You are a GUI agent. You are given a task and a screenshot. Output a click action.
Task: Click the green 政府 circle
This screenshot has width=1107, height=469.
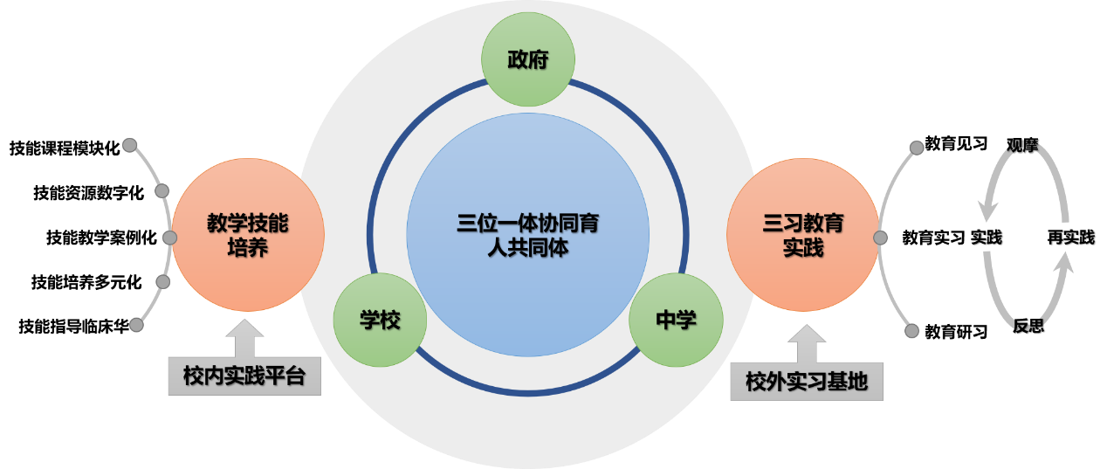point(528,59)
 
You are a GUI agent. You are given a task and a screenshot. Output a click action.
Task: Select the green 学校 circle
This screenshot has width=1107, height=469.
point(380,320)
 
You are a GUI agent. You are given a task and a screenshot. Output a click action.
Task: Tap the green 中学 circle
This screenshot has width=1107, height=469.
point(676,320)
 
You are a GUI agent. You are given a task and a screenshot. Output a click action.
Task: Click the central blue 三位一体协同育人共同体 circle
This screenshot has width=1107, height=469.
point(527,235)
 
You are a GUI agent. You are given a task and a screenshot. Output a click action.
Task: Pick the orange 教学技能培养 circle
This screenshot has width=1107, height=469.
point(248,235)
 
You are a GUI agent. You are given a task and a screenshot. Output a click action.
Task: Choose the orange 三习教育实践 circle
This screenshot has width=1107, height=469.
point(802,235)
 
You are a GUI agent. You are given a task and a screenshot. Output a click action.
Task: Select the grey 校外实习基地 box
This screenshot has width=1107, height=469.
point(807,383)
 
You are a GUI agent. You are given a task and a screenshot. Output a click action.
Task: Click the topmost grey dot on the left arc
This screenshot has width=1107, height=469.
point(129,144)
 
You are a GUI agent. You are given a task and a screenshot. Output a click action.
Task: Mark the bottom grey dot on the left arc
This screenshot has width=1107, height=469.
point(136,325)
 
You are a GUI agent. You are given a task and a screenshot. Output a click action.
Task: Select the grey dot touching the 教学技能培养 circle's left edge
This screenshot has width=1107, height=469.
point(169,238)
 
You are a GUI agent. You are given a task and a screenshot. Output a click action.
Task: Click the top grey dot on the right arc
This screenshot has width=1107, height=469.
point(917,148)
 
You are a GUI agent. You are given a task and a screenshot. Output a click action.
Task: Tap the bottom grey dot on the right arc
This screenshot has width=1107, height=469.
point(912,331)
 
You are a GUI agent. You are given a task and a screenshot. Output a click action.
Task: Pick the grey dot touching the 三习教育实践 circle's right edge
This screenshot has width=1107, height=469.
point(880,238)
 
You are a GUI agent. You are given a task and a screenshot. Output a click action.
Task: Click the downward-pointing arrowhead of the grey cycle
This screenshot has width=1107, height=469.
point(989,210)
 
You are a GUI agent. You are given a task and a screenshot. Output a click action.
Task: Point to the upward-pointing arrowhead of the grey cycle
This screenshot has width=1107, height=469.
point(1062,262)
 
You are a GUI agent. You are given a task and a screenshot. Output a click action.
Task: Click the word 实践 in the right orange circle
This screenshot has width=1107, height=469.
point(802,248)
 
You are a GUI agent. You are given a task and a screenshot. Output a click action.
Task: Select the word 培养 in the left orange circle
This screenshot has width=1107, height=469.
point(247,248)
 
